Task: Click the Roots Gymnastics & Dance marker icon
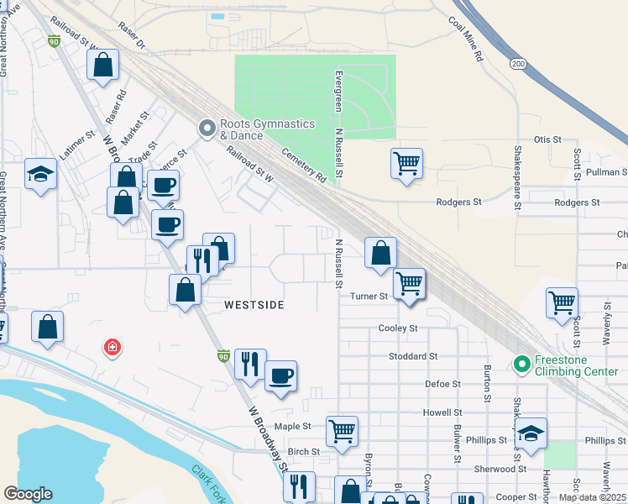pos(207,129)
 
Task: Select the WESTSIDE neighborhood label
pos(254,304)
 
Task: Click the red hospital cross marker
pos(111,347)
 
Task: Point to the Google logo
pos(28,494)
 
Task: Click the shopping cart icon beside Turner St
pos(408,283)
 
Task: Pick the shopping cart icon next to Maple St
pos(342,431)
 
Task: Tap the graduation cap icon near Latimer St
pos(39,174)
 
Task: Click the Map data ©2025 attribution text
pos(591,496)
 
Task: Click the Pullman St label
pos(607,172)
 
